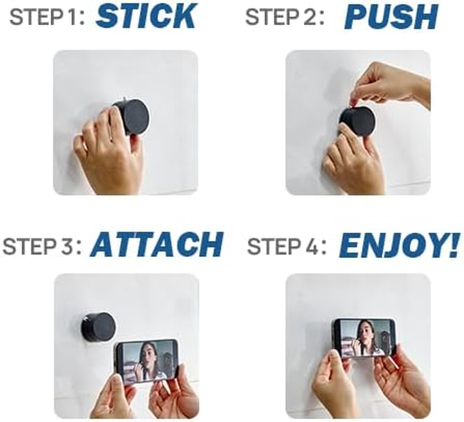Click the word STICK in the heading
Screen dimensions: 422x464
click(146, 17)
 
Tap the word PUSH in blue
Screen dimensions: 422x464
click(391, 17)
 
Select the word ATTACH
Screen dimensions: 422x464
click(157, 245)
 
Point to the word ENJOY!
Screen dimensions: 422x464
click(399, 245)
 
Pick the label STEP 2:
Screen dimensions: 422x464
click(285, 18)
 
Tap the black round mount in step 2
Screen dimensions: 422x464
click(357, 121)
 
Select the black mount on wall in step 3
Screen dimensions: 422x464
click(98, 327)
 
